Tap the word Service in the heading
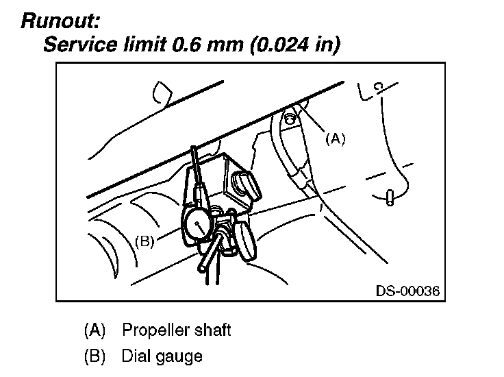(x=81, y=44)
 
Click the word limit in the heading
(x=145, y=44)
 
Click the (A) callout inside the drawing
(x=336, y=139)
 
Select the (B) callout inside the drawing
(x=144, y=241)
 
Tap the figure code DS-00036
(x=407, y=291)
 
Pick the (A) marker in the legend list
(x=94, y=330)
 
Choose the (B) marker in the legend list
(x=94, y=356)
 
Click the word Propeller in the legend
(x=151, y=330)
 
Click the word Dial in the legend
(x=134, y=356)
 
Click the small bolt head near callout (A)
(x=290, y=119)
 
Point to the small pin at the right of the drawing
(x=390, y=197)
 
